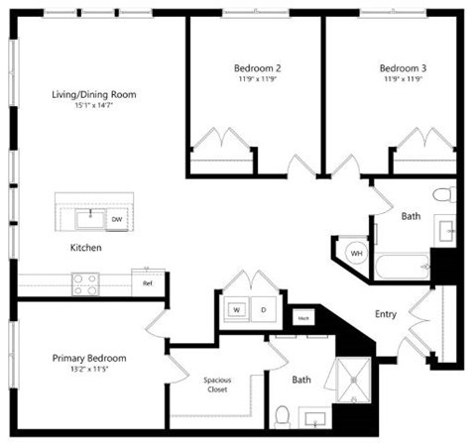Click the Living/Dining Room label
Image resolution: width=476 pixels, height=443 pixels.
pos(94,95)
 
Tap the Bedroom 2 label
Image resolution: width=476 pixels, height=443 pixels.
pos(257,68)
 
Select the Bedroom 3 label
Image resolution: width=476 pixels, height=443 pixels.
pos(403,68)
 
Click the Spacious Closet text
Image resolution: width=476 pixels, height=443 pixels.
pos(217,384)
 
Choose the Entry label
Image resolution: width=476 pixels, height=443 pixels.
pos(386,314)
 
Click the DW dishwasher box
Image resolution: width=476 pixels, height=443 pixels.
pos(117,219)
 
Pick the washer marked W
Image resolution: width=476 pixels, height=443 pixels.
pos(238,310)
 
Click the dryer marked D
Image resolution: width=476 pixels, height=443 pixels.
pos(264,310)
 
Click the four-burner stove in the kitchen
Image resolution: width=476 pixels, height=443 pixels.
pos(85,284)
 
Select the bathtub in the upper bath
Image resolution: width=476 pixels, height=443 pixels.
pos(402,267)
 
